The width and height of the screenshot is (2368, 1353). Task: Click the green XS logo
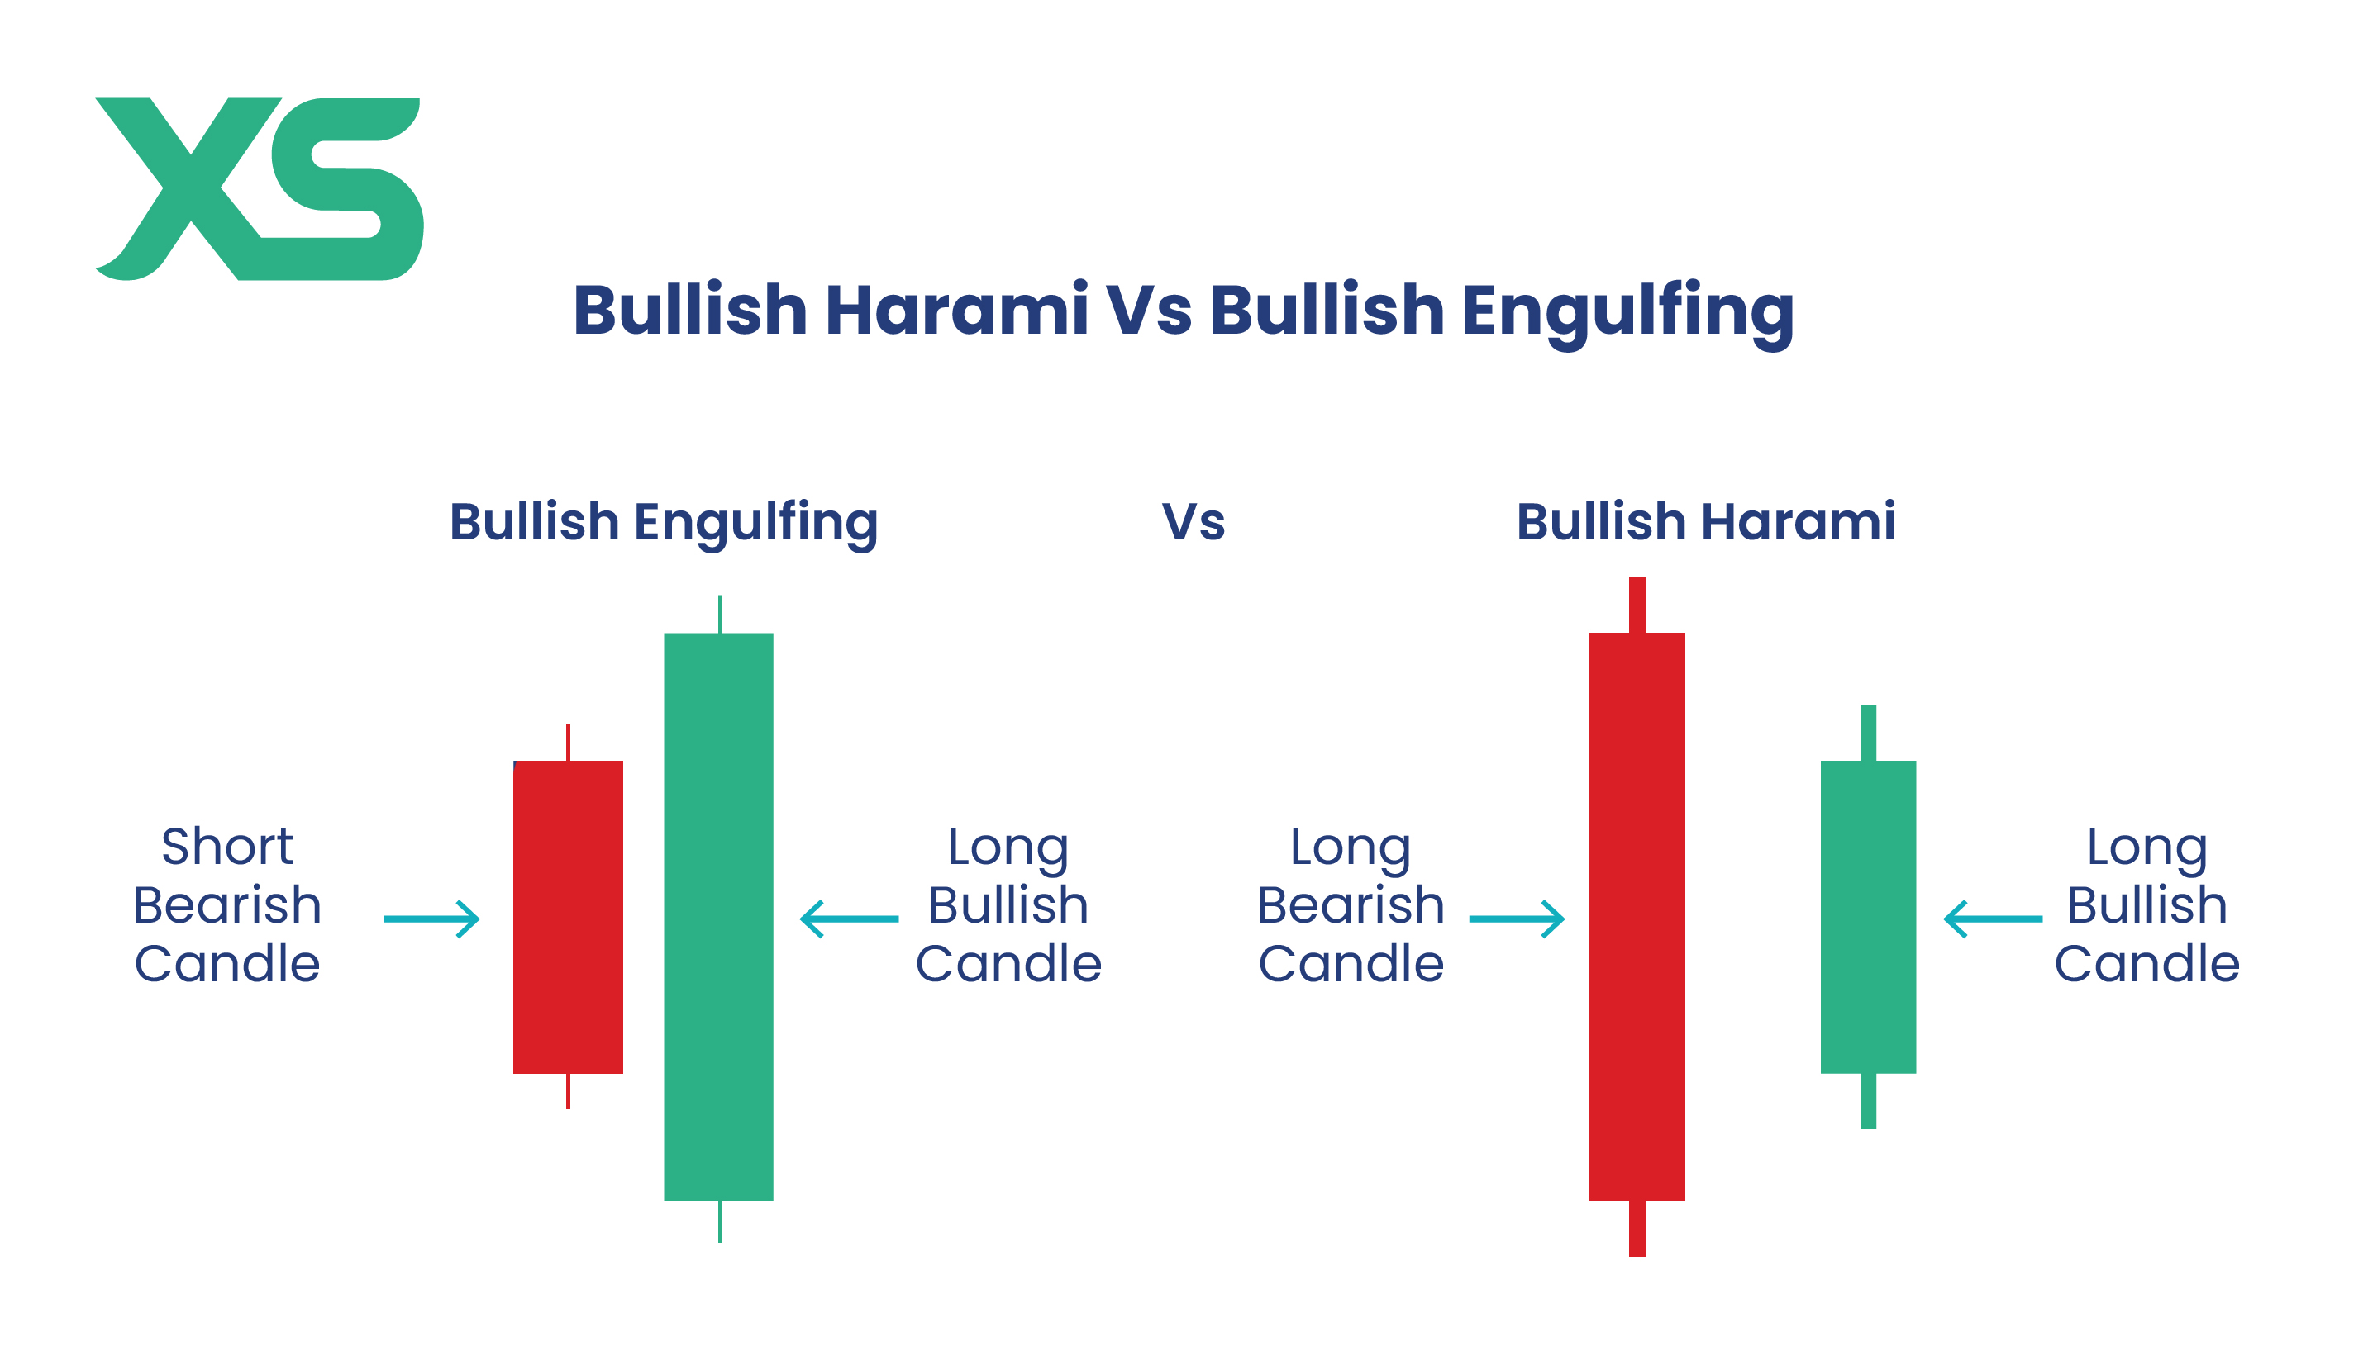[x=260, y=188]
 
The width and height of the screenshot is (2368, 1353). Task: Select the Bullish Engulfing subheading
[x=664, y=523]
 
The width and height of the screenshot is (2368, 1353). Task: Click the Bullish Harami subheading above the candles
[x=1706, y=521]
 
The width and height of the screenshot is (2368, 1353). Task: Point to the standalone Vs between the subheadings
[x=1194, y=522]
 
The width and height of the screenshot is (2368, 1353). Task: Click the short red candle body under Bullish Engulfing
[x=568, y=917]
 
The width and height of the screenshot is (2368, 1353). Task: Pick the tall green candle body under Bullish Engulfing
[x=719, y=916]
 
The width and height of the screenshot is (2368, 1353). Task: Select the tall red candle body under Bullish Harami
[x=1637, y=916]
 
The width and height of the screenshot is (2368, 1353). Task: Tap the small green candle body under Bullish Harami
[x=1869, y=917]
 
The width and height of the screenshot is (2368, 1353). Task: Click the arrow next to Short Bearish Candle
[x=431, y=919]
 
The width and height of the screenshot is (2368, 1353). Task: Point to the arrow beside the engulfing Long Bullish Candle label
[x=850, y=919]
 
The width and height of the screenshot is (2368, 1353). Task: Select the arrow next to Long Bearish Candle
[x=1518, y=919]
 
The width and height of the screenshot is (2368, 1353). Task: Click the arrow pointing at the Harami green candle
[x=1994, y=919]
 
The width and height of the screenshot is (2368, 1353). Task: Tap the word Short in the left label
[x=228, y=847]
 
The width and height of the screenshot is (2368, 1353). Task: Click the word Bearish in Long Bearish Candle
[x=1351, y=905]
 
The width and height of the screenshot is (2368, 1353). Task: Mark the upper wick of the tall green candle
[x=720, y=615]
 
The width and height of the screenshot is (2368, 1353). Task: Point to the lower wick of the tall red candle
[x=1637, y=1228]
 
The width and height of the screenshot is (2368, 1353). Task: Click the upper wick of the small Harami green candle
[x=1869, y=733]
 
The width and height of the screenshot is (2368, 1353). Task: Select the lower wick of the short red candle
[x=568, y=1091]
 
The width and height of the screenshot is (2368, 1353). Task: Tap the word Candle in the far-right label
[x=2146, y=964]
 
